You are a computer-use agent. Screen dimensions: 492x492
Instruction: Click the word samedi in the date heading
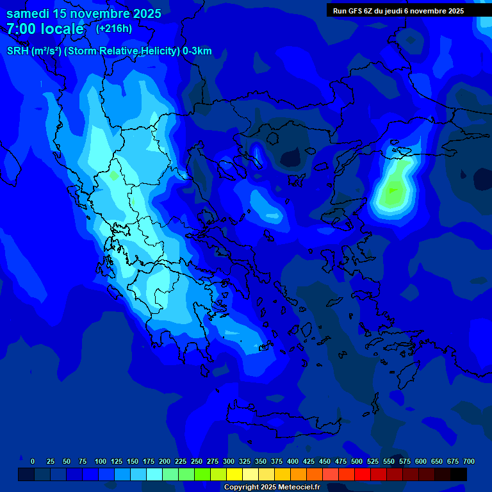28,13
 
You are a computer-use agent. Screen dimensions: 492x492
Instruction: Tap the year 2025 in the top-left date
142,13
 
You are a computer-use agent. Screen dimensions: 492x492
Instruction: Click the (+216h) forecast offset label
114,28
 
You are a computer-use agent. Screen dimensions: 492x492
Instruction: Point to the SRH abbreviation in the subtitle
17,51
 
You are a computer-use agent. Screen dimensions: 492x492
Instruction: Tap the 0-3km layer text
197,51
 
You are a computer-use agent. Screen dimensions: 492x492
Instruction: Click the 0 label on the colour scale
33,461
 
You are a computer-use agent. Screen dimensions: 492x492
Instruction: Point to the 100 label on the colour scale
101,461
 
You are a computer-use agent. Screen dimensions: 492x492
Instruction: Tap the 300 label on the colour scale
229,461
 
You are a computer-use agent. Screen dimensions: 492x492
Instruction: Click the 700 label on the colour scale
469,461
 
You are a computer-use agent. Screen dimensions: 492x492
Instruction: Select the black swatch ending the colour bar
459,475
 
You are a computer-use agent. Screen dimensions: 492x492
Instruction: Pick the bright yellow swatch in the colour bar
234,475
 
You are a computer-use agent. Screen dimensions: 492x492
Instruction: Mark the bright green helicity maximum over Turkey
393,190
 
